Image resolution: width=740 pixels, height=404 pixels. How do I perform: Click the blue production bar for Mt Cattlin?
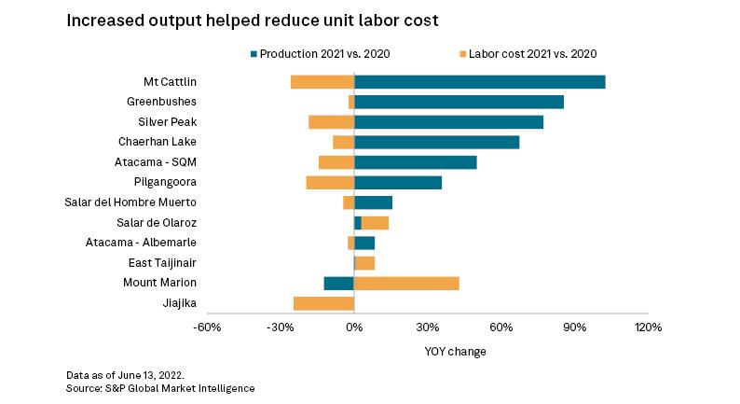(x=479, y=82)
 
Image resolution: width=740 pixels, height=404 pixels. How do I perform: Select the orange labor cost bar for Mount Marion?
(x=406, y=284)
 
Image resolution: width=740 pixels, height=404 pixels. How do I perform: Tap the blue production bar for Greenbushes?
(x=459, y=102)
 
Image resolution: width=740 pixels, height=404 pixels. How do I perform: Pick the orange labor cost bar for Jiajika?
(x=323, y=303)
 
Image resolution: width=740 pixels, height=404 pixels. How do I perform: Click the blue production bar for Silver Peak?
(x=448, y=122)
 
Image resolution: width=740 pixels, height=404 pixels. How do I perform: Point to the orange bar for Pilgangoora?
(x=330, y=183)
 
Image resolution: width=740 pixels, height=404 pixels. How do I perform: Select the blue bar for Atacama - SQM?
(x=415, y=162)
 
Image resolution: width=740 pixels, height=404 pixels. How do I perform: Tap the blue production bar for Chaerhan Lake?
(x=436, y=142)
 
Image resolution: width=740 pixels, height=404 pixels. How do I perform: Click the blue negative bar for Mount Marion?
(x=339, y=284)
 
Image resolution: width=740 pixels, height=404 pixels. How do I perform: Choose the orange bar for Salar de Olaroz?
(x=375, y=223)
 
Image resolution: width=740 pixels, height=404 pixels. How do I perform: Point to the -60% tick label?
(x=207, y=327)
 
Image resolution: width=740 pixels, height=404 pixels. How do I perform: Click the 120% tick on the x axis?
(x=648, y=327)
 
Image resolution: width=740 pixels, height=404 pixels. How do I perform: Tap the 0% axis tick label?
(x=354, y=327)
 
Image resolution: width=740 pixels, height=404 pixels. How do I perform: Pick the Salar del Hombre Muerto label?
(x=130, y=202)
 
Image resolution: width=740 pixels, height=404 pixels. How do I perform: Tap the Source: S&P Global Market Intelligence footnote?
(x=160, y=387)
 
